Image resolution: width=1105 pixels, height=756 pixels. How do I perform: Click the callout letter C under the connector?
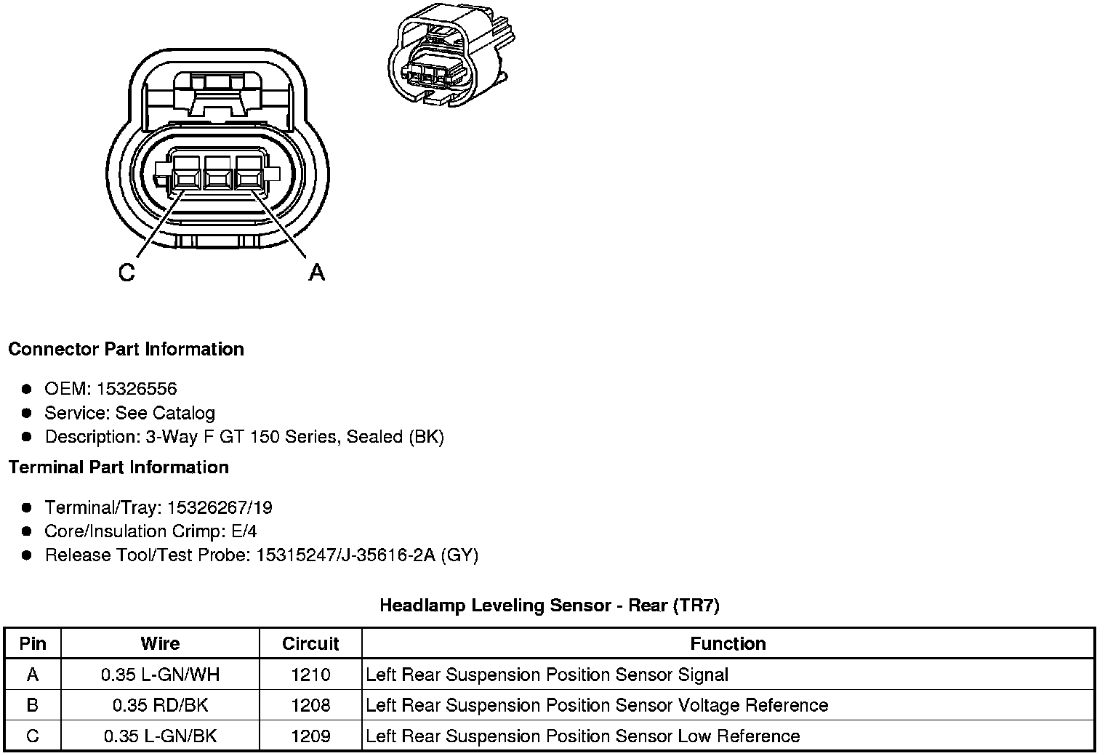126,273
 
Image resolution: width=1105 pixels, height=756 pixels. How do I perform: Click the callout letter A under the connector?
317,273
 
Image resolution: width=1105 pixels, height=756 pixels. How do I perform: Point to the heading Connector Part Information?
126,350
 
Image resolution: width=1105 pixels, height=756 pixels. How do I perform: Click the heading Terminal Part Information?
118,467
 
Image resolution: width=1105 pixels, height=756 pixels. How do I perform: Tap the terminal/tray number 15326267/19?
220,507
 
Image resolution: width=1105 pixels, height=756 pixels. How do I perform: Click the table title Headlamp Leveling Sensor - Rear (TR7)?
550,606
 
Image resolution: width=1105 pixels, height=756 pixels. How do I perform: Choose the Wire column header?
160,644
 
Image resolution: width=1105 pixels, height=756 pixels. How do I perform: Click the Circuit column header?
310,644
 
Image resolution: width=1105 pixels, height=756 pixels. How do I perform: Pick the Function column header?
728,644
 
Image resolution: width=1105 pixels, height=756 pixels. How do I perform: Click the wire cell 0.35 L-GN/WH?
160,675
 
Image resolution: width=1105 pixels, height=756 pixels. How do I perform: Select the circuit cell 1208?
310,706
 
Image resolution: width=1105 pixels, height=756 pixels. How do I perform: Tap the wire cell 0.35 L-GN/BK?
160,736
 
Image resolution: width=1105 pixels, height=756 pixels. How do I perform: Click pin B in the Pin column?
33,706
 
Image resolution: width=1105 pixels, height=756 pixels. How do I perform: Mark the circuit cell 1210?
310,675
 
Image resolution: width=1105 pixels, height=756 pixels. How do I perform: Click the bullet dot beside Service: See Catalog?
27,413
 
